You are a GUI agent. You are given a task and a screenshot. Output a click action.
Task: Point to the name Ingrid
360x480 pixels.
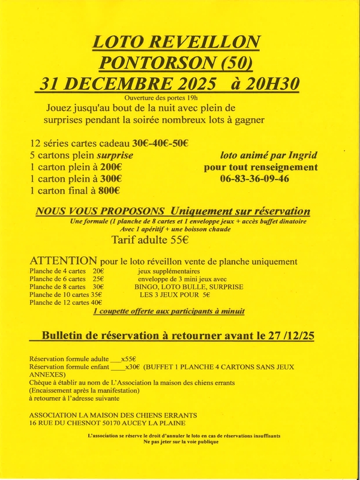pos(304,155)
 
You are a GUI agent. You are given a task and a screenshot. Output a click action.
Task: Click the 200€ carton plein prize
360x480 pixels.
pos(110,167)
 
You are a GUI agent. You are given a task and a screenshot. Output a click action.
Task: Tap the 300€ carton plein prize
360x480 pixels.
pos(110,179)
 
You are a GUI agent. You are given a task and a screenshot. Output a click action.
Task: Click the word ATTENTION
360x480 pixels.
pos(63,261)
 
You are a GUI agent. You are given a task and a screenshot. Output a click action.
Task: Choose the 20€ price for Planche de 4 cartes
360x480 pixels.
pos(98,271)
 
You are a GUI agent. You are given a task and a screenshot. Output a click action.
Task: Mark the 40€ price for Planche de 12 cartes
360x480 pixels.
pos(95,303)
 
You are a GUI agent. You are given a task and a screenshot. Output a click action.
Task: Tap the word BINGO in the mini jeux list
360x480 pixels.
pos(147,287)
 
